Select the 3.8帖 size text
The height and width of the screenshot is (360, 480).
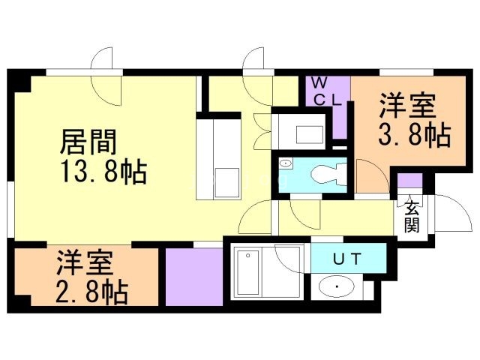tap(412, 136)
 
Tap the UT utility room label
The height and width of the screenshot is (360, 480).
tap(347, 259)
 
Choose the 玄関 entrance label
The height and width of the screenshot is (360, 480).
tap(411, 216)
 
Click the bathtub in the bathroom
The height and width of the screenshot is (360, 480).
tap(253, 277)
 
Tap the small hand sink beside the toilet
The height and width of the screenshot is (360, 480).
tap(286, 163)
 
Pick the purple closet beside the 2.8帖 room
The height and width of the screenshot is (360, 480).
tap(194, 275)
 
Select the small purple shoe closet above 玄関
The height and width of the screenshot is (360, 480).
tap(409, 181)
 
